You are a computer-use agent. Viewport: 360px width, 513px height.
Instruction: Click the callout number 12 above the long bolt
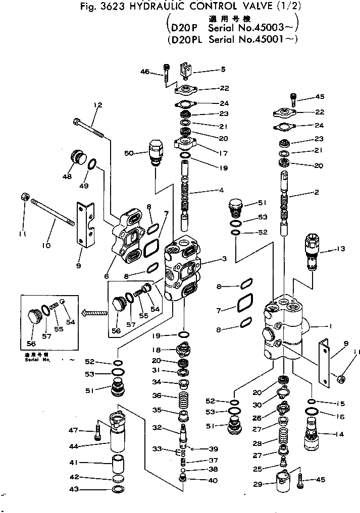(97, 105)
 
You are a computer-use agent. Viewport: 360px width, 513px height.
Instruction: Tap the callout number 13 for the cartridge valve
(342, 249)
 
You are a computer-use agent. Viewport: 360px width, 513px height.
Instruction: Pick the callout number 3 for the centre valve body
(224, 259)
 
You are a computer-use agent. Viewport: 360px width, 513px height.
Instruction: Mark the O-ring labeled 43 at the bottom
(117, 489)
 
